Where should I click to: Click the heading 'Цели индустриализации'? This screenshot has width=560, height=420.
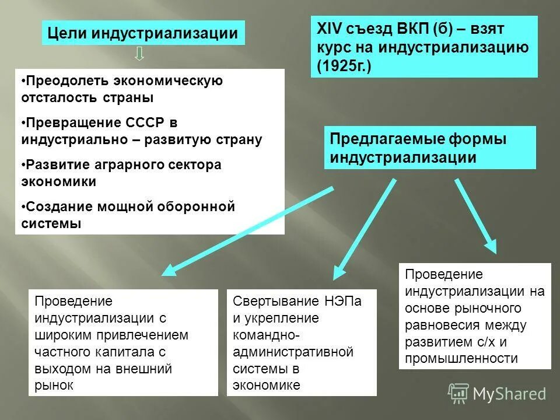tap(143, 33)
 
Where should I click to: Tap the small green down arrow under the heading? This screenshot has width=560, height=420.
tap(140, 55)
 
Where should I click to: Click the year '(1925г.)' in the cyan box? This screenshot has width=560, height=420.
tap(344, 66)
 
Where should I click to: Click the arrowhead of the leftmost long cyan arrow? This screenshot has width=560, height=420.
tap(170, 269)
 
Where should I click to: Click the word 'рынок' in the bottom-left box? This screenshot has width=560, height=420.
tap(54, 385)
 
